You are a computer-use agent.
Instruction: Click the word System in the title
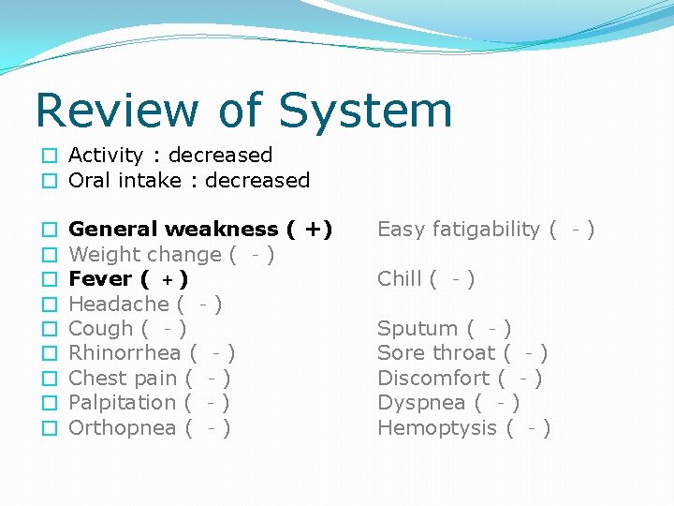[365, 111]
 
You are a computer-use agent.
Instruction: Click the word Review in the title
[115, 111]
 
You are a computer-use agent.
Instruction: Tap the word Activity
[106, 156]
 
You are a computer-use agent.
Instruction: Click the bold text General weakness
[173, 230]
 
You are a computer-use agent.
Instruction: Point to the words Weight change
[144, 254]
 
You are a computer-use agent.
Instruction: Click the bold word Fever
[100, 279]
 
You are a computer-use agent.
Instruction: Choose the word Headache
[118, 304]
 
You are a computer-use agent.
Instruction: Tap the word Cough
[100, 329]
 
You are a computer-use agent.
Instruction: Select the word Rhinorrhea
[125, 353]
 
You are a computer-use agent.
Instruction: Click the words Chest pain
[123, 379]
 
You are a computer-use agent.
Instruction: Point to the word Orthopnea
[123, 428]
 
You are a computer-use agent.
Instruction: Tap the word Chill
[399, 279]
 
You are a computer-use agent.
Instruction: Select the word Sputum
[418, 329]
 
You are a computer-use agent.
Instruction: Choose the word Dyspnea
[420, 403]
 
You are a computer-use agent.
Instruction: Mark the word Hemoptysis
[437, 428]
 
